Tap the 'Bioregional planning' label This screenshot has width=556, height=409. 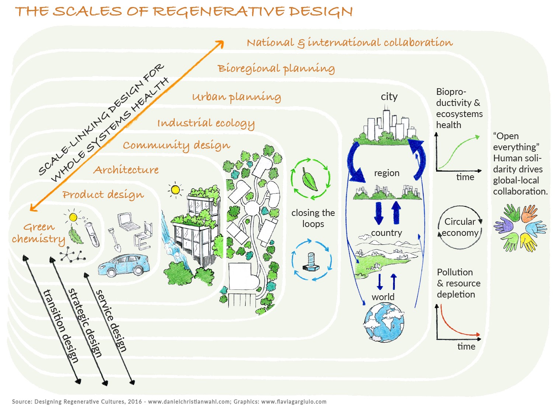(276, 69)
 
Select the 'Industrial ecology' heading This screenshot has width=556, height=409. (206, 123)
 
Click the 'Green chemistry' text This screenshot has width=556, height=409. (38, 233)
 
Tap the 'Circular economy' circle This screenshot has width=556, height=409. (460, 227)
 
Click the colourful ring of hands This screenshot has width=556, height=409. (520, 228)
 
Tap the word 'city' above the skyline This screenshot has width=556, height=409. (389, 97)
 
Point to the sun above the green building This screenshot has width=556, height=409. (175, 190)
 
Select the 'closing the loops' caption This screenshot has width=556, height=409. (313, 218)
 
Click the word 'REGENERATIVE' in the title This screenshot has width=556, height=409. (219, 11)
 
